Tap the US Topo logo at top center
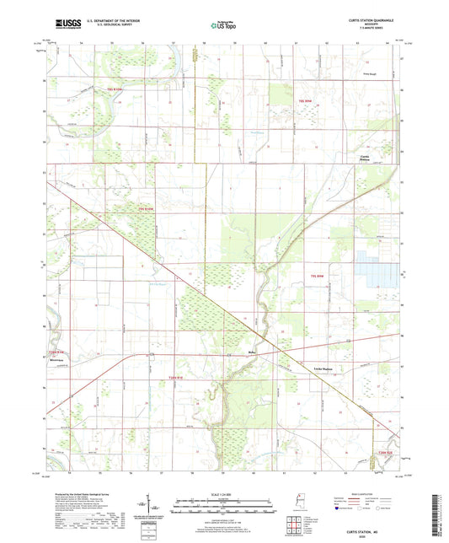pyautogui.click(x=223, y=26)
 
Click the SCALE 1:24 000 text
pyautogui.click(x=224, y=494)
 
